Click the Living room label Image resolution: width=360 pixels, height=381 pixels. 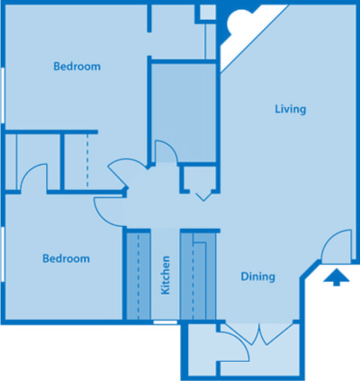(291, 109)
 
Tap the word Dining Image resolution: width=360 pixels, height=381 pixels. (257, 277)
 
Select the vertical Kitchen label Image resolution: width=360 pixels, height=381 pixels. (166, 276)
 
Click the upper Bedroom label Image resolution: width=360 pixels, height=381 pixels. (76, 67)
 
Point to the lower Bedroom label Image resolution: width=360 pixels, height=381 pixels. (67, 259)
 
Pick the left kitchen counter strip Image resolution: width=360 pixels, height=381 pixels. (138, 276)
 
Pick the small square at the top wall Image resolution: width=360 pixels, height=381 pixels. (206, 13)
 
